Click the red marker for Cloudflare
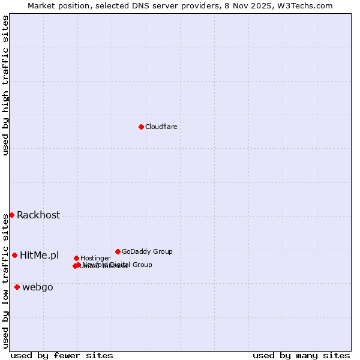click(141, 127)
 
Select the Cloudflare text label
click(161, 127)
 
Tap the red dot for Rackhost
click(11, 215)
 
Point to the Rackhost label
click(38, 215)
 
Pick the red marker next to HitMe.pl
click(14, 255)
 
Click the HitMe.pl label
click(40, 256)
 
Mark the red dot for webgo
click(17, 287)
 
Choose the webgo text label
click(38, 287)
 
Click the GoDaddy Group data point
click(118, 251)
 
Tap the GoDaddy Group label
click(147, 251)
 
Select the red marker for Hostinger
click(76, 258)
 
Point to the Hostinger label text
click(95, 259)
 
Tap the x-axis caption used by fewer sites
click(62, 355)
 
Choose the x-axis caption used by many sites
click(301, 355)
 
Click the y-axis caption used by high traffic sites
click(5, 85)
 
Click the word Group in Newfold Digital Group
click(142, 265)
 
